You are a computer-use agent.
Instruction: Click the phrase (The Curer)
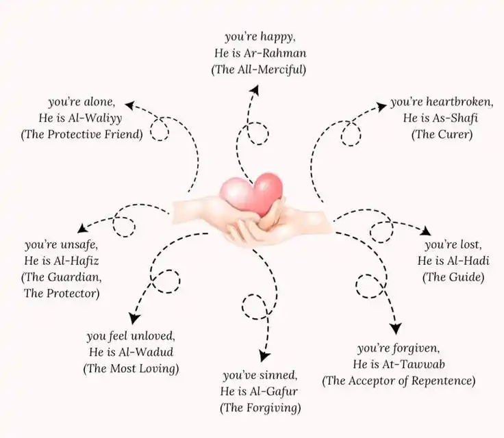tap(442, 134)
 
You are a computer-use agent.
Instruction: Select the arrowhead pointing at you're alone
tap(128, 104)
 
